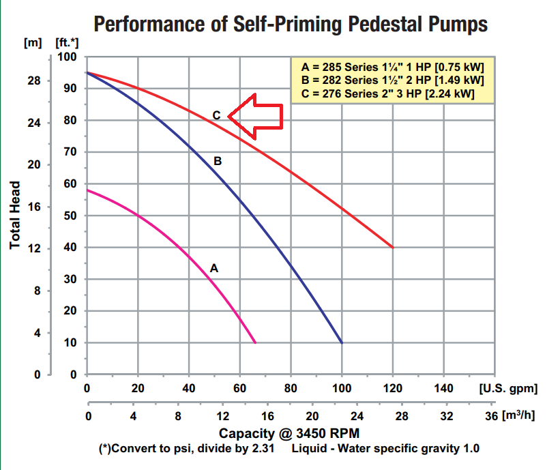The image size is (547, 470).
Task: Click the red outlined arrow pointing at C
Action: (x=256, y=113)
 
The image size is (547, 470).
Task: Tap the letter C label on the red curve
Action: (x=216, y=115)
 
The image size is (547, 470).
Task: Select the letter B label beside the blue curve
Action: (x=218, y=162)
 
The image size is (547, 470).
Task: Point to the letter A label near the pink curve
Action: (x=213, y=268)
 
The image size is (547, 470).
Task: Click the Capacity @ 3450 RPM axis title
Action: (x=289, y=433)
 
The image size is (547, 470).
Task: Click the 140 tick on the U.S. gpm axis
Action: (x=443, y=388)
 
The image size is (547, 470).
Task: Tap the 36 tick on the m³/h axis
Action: (x=490, y=415)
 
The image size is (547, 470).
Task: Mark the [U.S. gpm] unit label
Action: (x=508, y=388)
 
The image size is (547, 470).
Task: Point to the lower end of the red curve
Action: (x=393, y=248)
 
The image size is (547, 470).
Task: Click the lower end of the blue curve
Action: (x=342, y=342)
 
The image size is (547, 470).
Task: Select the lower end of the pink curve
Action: (x=255, y=342)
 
